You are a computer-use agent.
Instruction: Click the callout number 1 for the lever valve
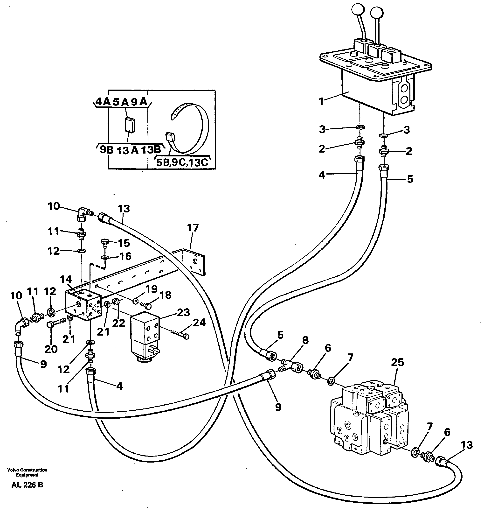pos(321,101)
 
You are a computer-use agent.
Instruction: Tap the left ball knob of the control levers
pos(357,10)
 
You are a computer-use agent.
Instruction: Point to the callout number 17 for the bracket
pos(193,228)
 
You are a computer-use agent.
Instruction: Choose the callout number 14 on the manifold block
pos(66,280)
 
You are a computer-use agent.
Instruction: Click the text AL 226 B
pos(27,485)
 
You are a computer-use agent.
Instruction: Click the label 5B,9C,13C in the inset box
pos(182,163)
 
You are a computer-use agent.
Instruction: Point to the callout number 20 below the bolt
pos(51,349)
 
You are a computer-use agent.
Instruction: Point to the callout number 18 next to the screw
pos(165,295)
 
